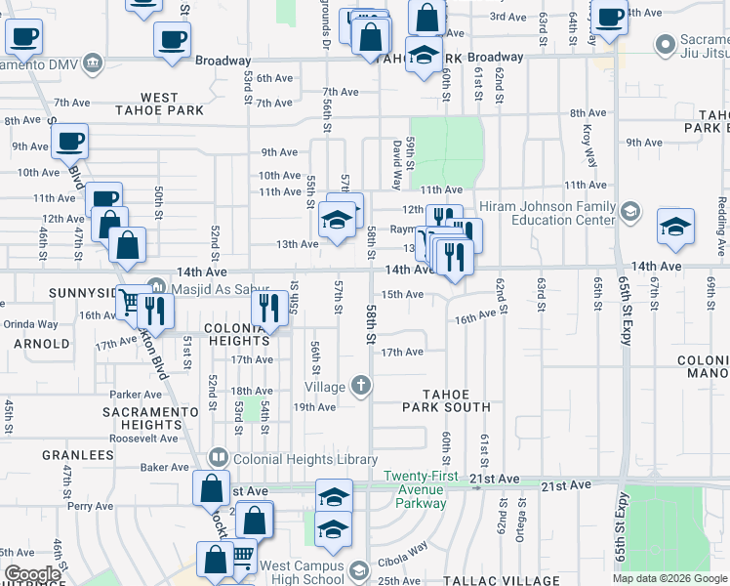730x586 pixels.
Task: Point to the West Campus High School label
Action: (x=302, y=572)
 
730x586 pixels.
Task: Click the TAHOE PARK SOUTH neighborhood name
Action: (x=450, y=399)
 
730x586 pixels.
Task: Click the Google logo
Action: (x=32, y=574)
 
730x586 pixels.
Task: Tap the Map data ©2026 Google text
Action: (x=669, y=578)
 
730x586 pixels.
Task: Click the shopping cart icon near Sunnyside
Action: (x=129, y=303)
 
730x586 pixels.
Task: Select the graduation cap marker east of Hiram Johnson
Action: (x=675, y=227)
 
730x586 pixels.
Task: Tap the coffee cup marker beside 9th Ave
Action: (x=70, y=141)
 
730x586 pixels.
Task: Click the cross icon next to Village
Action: (x=361, y=385)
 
